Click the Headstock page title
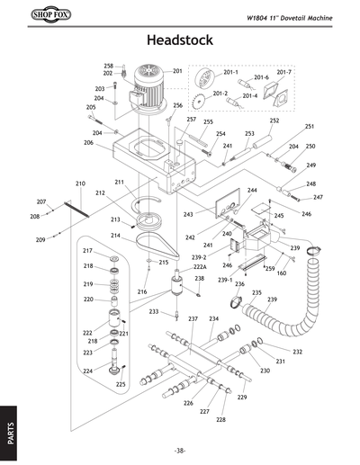pyautogui.click(x=180, y=40)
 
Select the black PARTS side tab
pyautogui.click(x=9, y=430)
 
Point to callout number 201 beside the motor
pyautogui.click(x=177, y=70)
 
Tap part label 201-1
pyautogui.click(x=230, y=72)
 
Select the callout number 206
pyautogui.click(x=88, y=143)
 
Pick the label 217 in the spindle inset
pyautogui.click(x=88, y=250)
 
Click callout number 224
pyautogui.click(x=88, y=371)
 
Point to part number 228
pyautogui.click(x=220, y=420)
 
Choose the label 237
pyautogui.click(x=192, y=319)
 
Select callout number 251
pyautogui.click(x=309, y=127)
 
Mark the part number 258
pyautogui.click(x=108, y=66)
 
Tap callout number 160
pyautogui.click(x=281, y=273)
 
